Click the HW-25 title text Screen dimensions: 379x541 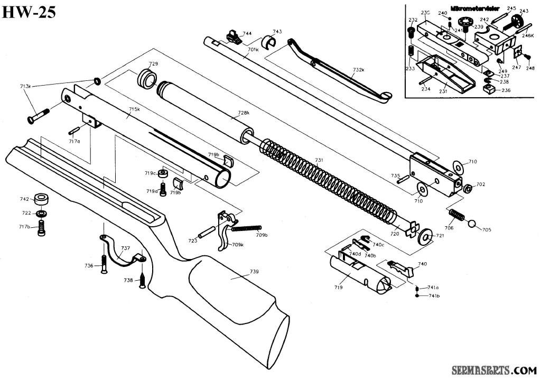pos(29,12)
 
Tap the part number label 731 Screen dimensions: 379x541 pos(319,160)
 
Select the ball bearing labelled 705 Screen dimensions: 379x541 pos(472,225)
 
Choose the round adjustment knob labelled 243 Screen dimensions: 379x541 pos(522,21)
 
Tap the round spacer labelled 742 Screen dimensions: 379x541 pos(41,200)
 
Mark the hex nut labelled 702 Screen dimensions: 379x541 pos(467,188)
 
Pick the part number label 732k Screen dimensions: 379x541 pos(359,70)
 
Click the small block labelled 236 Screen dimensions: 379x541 pos(489,90)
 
